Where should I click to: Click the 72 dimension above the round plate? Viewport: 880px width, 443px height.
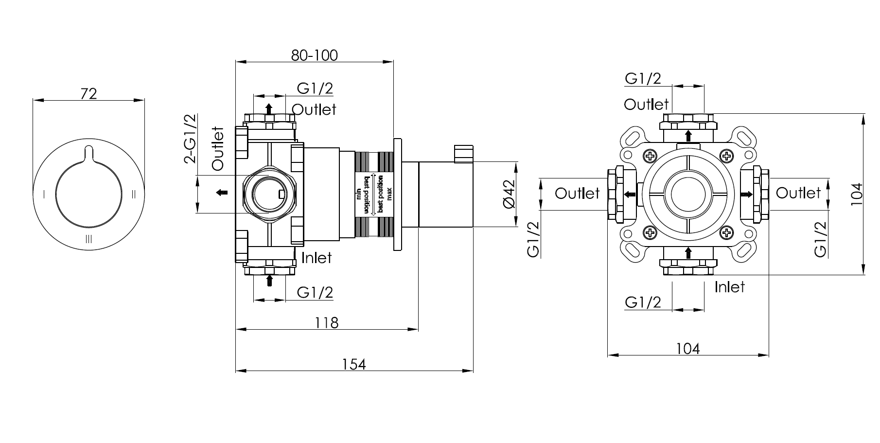point(88,93)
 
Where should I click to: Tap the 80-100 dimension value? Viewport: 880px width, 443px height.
point(314,55)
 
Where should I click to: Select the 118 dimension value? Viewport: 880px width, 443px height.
point(326,322)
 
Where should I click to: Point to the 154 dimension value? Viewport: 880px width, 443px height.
point(354,364)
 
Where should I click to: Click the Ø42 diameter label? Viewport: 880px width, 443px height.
point(509,195)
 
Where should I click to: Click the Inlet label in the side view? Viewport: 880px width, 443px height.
point(317,258)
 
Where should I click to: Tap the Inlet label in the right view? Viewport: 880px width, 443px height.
point(729,287)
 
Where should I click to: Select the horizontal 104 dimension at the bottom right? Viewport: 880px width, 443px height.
point(688,348)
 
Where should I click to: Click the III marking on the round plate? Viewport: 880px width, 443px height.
point(88,239)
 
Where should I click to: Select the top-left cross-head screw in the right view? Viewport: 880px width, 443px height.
point(650,157)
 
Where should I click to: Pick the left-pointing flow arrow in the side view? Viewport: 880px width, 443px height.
point(222,193)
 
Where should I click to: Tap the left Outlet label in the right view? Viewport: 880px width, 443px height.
point(577,194)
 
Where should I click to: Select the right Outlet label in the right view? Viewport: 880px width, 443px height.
point(798,193)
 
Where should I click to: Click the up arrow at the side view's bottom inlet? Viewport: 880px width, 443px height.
point(269,281)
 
